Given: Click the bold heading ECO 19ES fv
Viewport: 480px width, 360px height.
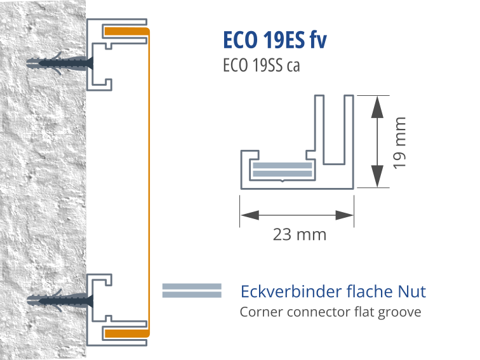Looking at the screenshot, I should tap(275, 39).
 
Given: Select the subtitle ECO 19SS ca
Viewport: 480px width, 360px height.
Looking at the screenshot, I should tap(261, 66).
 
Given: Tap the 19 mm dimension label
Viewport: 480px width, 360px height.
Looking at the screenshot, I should tap(399, 142).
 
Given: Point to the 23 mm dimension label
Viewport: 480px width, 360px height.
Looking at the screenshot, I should tap(299, 235).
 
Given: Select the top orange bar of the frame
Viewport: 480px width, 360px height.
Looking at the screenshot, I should tap(125, 31).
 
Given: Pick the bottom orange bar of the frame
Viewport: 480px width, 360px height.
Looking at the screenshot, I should tap(125, 332).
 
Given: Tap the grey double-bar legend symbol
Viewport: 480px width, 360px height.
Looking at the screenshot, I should tap(191, 290).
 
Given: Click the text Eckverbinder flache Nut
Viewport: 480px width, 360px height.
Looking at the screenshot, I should tap(333, 292).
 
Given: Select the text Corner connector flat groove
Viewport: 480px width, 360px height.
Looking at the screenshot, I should tap(330, 312).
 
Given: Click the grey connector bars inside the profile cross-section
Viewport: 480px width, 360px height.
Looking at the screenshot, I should tap(283, 169).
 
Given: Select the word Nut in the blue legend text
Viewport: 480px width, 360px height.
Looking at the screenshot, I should tap(412, 292).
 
